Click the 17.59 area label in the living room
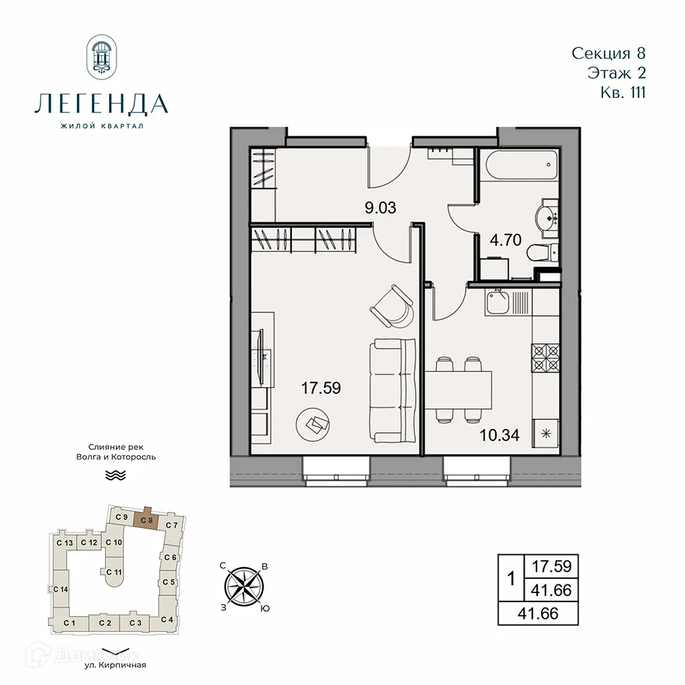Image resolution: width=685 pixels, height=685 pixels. pos(321,388)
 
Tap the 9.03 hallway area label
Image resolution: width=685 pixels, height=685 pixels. pos(381,208)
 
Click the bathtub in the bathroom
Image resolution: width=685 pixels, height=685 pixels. pos(521,165)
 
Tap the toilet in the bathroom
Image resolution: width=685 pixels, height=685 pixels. pos(543,253)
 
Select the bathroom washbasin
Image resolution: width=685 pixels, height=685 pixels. pos(549,216)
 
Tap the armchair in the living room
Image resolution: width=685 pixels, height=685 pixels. pos(393,306)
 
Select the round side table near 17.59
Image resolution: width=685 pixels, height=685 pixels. pos(312,425)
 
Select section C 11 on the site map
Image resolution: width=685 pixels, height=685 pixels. pos(114,571)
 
